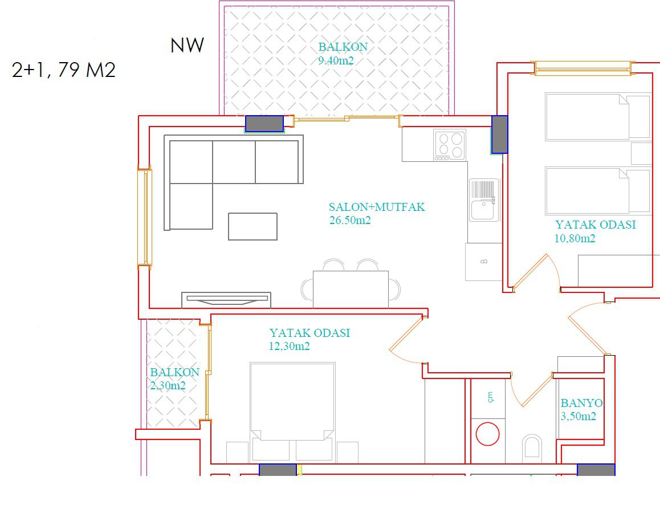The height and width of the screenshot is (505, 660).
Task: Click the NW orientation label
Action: [188, 46]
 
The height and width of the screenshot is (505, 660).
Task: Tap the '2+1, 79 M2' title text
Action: [64, 70]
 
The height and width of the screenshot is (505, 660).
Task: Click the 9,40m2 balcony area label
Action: [336, 60]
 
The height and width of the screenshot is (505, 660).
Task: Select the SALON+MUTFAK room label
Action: [377, 207]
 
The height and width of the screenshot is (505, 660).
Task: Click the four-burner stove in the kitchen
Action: [450, 145]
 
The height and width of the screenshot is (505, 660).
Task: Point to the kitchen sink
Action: [484, 200]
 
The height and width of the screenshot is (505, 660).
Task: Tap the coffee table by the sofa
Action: [252, 226]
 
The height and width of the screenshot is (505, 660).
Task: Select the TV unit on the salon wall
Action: [226, 299]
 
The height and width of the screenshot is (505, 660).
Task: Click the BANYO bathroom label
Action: [582, 403]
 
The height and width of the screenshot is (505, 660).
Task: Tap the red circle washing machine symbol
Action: [487, 434]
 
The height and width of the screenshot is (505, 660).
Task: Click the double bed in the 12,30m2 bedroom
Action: [292, 413]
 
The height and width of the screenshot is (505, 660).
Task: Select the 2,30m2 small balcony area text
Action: [168, 385]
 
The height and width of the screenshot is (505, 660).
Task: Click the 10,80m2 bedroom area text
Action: [575, 239]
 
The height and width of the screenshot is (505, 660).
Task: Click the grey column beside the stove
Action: [500, 135]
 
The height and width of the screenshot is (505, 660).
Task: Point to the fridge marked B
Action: [484, 262]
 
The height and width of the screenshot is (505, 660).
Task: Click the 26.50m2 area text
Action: [350, 220]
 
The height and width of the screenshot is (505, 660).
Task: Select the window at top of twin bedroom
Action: [584, 68]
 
